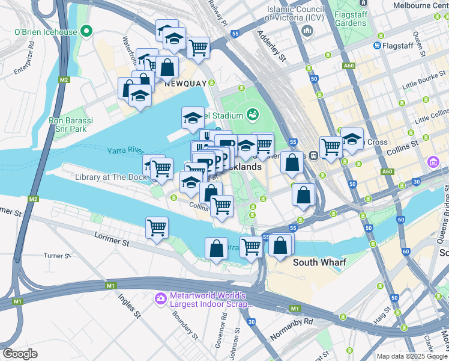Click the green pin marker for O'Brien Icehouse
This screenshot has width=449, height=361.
click(x=86, y=30)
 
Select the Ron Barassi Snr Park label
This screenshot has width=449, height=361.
click(x=71, y=125)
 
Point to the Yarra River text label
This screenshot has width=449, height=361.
click(x=128, y=150)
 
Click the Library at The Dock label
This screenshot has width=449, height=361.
click(x=111, y=177)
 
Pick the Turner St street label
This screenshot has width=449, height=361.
click(x=58, y=256)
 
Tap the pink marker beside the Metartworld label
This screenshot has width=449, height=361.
click(x=160, y=298)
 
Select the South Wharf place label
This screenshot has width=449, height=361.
click(x=317, y=262)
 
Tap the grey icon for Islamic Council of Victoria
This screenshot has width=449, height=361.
click(x=308, y=31)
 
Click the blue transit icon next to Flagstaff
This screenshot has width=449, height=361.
click(x=378, y=45)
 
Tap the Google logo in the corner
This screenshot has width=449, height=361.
click(x=20, y=353)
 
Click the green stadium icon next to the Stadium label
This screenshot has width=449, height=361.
click(x=252, y=114)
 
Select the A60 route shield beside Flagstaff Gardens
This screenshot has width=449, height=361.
click(x=349, y=66)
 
